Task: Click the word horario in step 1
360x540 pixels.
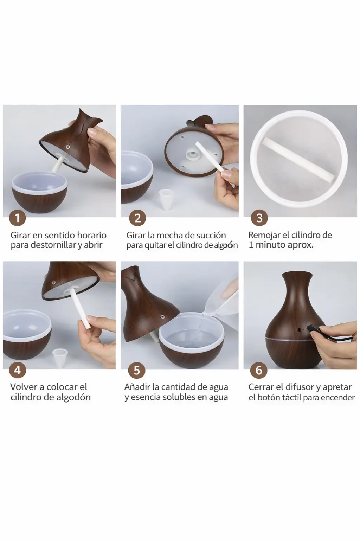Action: pos(91,235)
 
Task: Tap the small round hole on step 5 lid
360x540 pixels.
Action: pos(162,316)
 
